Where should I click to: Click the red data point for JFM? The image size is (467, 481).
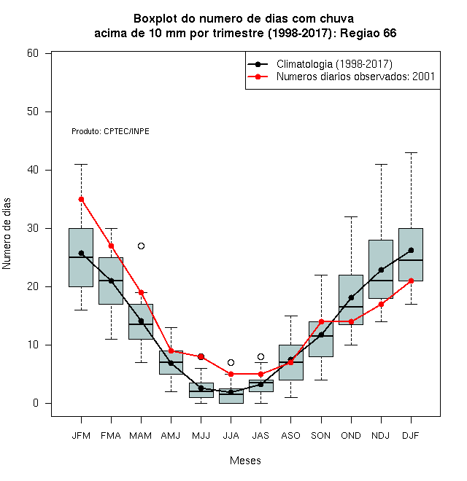click(x=81, y=200)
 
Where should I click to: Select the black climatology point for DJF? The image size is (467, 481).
click(x=411, y=250)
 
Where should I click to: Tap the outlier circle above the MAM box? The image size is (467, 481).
click(x=141, y=246)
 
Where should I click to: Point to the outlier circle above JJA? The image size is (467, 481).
click(x=231, y=363)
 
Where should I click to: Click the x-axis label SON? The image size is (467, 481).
click(x=321, y=436)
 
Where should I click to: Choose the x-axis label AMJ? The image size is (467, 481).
click(x=171, y=436)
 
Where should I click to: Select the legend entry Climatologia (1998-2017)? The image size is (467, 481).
click(x=320, y=64)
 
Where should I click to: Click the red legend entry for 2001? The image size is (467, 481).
click(x=341, y=77)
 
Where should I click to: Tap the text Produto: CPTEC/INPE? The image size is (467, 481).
click(x=110, y=131)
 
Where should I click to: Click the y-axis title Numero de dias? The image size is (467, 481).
click(x=7, y=234)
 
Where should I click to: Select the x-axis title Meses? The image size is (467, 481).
click(x=245, y=461)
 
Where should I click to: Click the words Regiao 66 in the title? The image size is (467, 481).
click(x=368, y=33)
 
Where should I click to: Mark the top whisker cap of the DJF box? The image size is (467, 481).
click(x=411, y=152)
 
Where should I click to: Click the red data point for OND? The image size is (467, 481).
click(x=351, y=322)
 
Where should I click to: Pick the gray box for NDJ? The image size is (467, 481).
click(x=381, y=269)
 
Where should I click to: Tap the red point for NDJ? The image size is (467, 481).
click(x=382, y=305)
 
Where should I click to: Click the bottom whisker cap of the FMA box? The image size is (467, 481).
click(x=111, y=340)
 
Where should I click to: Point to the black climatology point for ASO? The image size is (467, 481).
click(x=290, y=359)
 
